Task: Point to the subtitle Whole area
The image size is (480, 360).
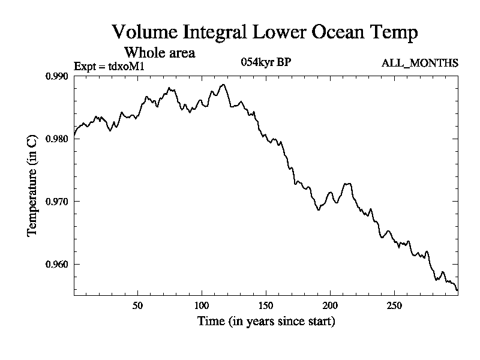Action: point(159,53)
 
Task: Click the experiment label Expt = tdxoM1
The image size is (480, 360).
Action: point(109,66)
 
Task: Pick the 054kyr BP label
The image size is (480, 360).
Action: point(266,62)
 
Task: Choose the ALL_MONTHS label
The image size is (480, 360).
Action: point(420,63)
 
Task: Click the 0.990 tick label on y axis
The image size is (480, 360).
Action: point(58,76)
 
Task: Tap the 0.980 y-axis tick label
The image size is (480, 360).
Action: point(58,139)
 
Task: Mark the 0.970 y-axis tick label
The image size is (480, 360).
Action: point(58,202)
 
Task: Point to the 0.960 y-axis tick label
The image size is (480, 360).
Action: point(58,264)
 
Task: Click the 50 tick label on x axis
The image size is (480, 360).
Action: point(137,305)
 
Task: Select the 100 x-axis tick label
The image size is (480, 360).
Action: point(202,305)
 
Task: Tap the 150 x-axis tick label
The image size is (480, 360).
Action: point(266,305)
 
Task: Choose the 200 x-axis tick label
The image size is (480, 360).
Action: point(330,305)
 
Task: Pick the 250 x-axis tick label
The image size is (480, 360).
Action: point(394,305)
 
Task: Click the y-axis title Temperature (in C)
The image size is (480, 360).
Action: point(34,185)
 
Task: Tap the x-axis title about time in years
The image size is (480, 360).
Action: point(266,322)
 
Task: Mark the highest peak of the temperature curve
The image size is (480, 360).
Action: point(223,85)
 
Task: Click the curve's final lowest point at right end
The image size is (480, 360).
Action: point(457,290)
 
